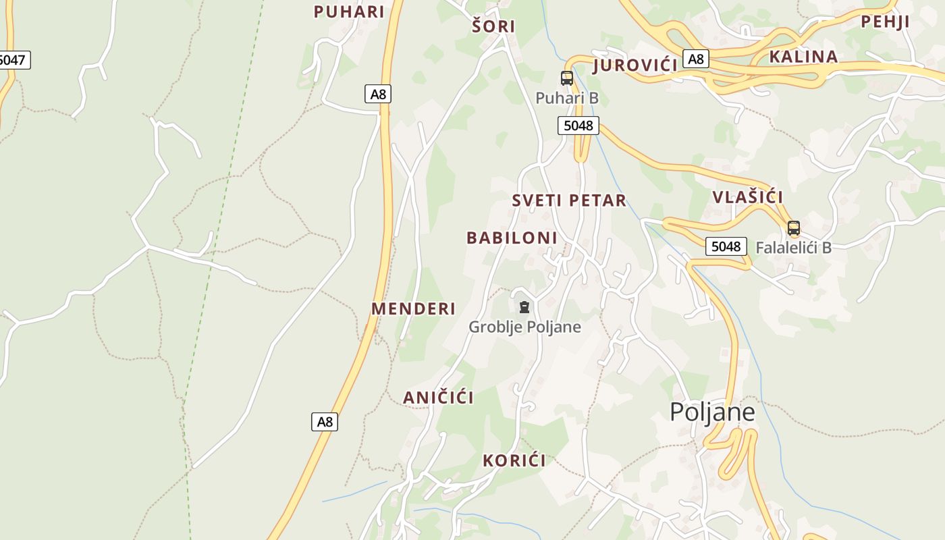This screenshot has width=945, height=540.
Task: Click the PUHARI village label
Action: click(349, 11)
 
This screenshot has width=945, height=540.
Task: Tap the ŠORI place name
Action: click(493, 26)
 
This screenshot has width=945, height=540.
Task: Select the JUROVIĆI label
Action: click(634, 65)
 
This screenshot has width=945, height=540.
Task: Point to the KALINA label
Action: click(803, 57)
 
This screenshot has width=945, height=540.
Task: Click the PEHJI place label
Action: click(885, 22)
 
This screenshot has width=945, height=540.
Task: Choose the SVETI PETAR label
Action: click(569, 200)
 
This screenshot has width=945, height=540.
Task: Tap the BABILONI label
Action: click(512, 238)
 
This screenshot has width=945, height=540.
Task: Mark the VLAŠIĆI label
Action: click(748, 197)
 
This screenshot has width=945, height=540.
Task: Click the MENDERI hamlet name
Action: click(414, 308)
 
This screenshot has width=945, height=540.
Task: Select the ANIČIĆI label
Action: click(438, 398)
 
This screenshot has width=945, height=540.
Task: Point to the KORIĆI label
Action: click(514, 461)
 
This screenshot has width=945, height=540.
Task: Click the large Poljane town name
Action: click(712, 412)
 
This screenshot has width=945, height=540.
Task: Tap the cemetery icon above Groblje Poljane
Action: click(524, 307)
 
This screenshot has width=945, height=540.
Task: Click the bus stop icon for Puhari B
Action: click(567, 78)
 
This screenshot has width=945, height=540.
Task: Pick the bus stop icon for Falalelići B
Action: click(794, 228)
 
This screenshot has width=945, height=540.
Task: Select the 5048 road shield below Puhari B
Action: click(578, 126)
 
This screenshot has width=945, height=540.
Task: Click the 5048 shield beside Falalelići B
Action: click(726, 246)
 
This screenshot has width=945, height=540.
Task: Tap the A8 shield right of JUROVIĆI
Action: click(696, 59)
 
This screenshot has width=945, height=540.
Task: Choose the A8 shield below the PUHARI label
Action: click(379, 94)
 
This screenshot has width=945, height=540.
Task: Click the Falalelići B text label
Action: click(793, 248)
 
